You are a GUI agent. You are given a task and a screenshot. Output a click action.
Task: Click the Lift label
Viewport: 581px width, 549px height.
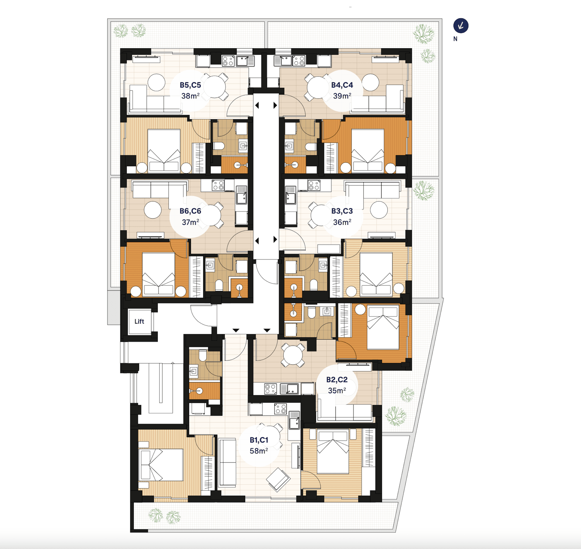click(139, 321)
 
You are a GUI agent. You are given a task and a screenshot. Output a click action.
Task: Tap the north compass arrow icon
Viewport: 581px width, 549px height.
click(461, 26)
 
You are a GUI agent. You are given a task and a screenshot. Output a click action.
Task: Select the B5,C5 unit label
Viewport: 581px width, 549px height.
click(190, 85)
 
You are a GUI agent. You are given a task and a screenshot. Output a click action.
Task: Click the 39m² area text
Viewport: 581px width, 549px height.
click(342, 96)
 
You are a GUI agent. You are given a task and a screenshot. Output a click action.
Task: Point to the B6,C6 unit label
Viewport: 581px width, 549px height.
click(190, 211)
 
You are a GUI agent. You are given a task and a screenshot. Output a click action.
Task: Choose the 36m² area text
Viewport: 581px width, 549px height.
click(342, 222)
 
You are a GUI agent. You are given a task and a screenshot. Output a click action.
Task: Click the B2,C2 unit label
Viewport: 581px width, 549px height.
click(337, 380)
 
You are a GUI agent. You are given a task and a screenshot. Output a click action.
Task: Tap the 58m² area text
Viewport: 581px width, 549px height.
click(259, 451)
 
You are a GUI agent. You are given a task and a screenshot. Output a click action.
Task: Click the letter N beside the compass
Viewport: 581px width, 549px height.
click(455, 39)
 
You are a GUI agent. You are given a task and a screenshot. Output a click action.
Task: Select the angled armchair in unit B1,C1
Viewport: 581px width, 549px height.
click(278, 479)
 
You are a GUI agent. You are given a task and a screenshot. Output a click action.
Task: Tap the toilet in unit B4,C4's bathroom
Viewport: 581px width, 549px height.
click(310, 146)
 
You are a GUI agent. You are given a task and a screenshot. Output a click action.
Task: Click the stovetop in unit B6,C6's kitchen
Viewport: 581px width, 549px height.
click(218, 185)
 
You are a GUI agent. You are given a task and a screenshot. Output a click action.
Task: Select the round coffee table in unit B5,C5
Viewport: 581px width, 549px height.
click(157, 82)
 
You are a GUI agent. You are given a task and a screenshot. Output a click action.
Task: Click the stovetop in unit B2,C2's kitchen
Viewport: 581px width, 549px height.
click(271, 389)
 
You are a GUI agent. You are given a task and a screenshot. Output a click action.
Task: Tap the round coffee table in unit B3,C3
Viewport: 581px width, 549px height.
click(379, 210)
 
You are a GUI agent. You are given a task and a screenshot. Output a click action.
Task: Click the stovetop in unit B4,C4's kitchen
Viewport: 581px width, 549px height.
click(299, 60)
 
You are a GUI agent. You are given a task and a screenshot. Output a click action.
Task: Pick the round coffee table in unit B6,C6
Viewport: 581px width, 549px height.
click(153, 210)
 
